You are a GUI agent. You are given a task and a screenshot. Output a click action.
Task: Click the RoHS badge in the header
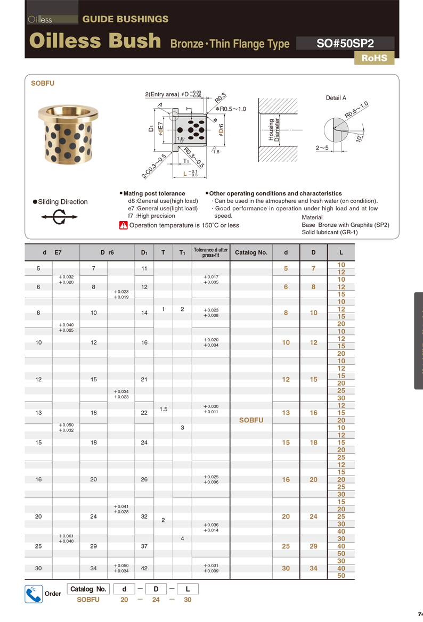(x=374, y=58)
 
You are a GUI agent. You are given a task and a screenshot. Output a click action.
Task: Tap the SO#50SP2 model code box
(x=345, y=43)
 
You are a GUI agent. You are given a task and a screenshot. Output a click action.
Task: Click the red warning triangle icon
(x=124, y=225)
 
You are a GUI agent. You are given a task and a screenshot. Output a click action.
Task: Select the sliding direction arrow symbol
(x=59, y=217)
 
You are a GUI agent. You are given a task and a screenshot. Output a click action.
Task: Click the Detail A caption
(x=336, y=98)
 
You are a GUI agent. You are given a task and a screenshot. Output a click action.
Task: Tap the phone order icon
(x=34, y=593)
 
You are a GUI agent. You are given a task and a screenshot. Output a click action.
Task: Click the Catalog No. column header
(x=251, y=252)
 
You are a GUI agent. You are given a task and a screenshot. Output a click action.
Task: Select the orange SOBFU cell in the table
(x=251, y=420)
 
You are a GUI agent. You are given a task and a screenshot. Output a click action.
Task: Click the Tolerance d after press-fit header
(x=210, y=252)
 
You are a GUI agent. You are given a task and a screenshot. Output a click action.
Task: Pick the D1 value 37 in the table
(x=144, y=546)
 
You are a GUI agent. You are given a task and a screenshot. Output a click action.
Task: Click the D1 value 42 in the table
(x=144, y=568)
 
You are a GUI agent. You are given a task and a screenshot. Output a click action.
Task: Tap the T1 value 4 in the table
(x=182, y=539)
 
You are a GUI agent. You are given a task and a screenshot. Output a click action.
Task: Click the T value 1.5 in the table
(x=164, y=409)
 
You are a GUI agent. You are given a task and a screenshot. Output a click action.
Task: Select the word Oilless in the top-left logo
(x=40, y=20)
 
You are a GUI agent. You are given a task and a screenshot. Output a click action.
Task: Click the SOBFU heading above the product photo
(x=43, y=84)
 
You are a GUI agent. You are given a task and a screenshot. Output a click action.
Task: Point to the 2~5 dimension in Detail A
(x=322, y=148)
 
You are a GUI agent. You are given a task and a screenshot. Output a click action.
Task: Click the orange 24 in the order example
(x=157, y=600)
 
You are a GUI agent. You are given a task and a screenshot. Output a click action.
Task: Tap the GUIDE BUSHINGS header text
(x=125, y=19)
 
